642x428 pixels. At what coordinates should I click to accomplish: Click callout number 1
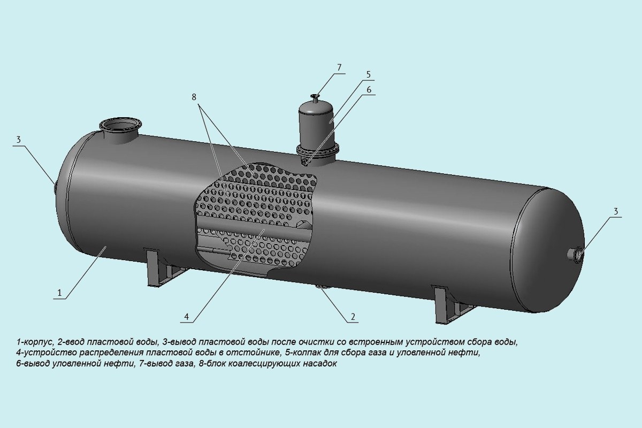tap(60, 292)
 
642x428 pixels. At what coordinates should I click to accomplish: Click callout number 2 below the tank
tap(353, 316)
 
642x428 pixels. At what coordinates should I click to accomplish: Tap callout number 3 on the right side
tap(615, 211)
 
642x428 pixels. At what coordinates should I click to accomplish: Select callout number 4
tap(186, 317)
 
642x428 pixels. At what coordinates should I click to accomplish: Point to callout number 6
tap(369, 90)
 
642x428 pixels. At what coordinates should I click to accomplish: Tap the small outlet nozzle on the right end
tap(577, 255)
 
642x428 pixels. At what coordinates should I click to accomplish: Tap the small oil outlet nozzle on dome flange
tap(306, 161)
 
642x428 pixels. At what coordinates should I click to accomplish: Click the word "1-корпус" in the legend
tap(35, 341)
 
